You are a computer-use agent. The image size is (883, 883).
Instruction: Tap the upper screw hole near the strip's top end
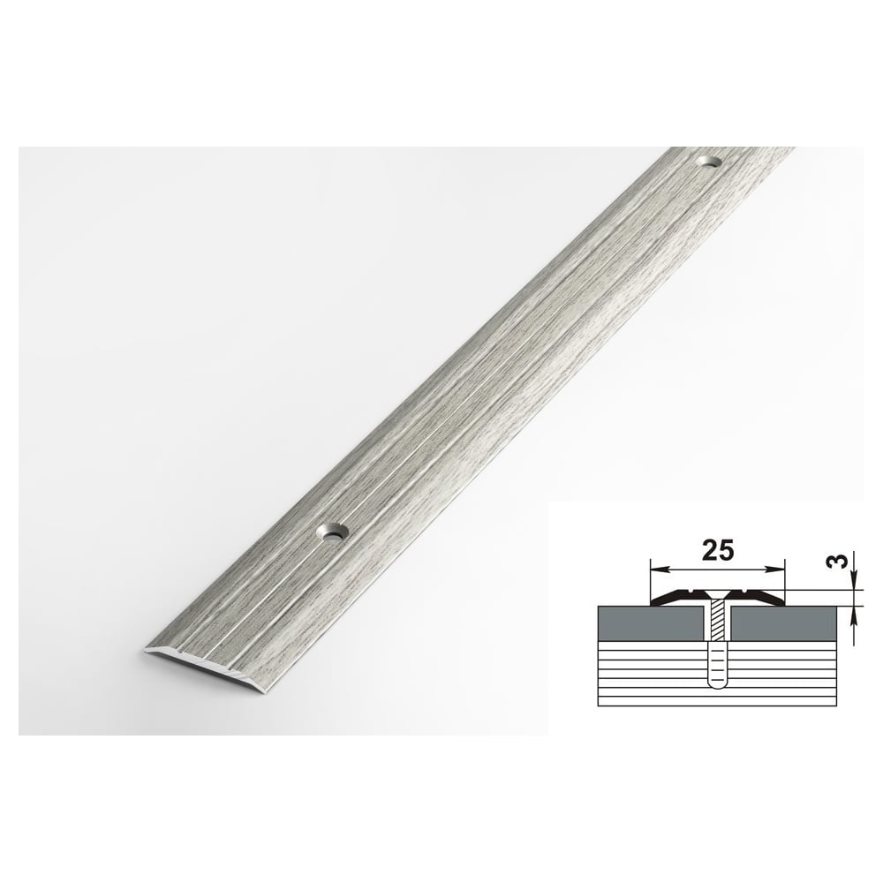(x=710, y=162)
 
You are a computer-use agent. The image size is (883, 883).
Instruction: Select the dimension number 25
(x=718, y=551)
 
